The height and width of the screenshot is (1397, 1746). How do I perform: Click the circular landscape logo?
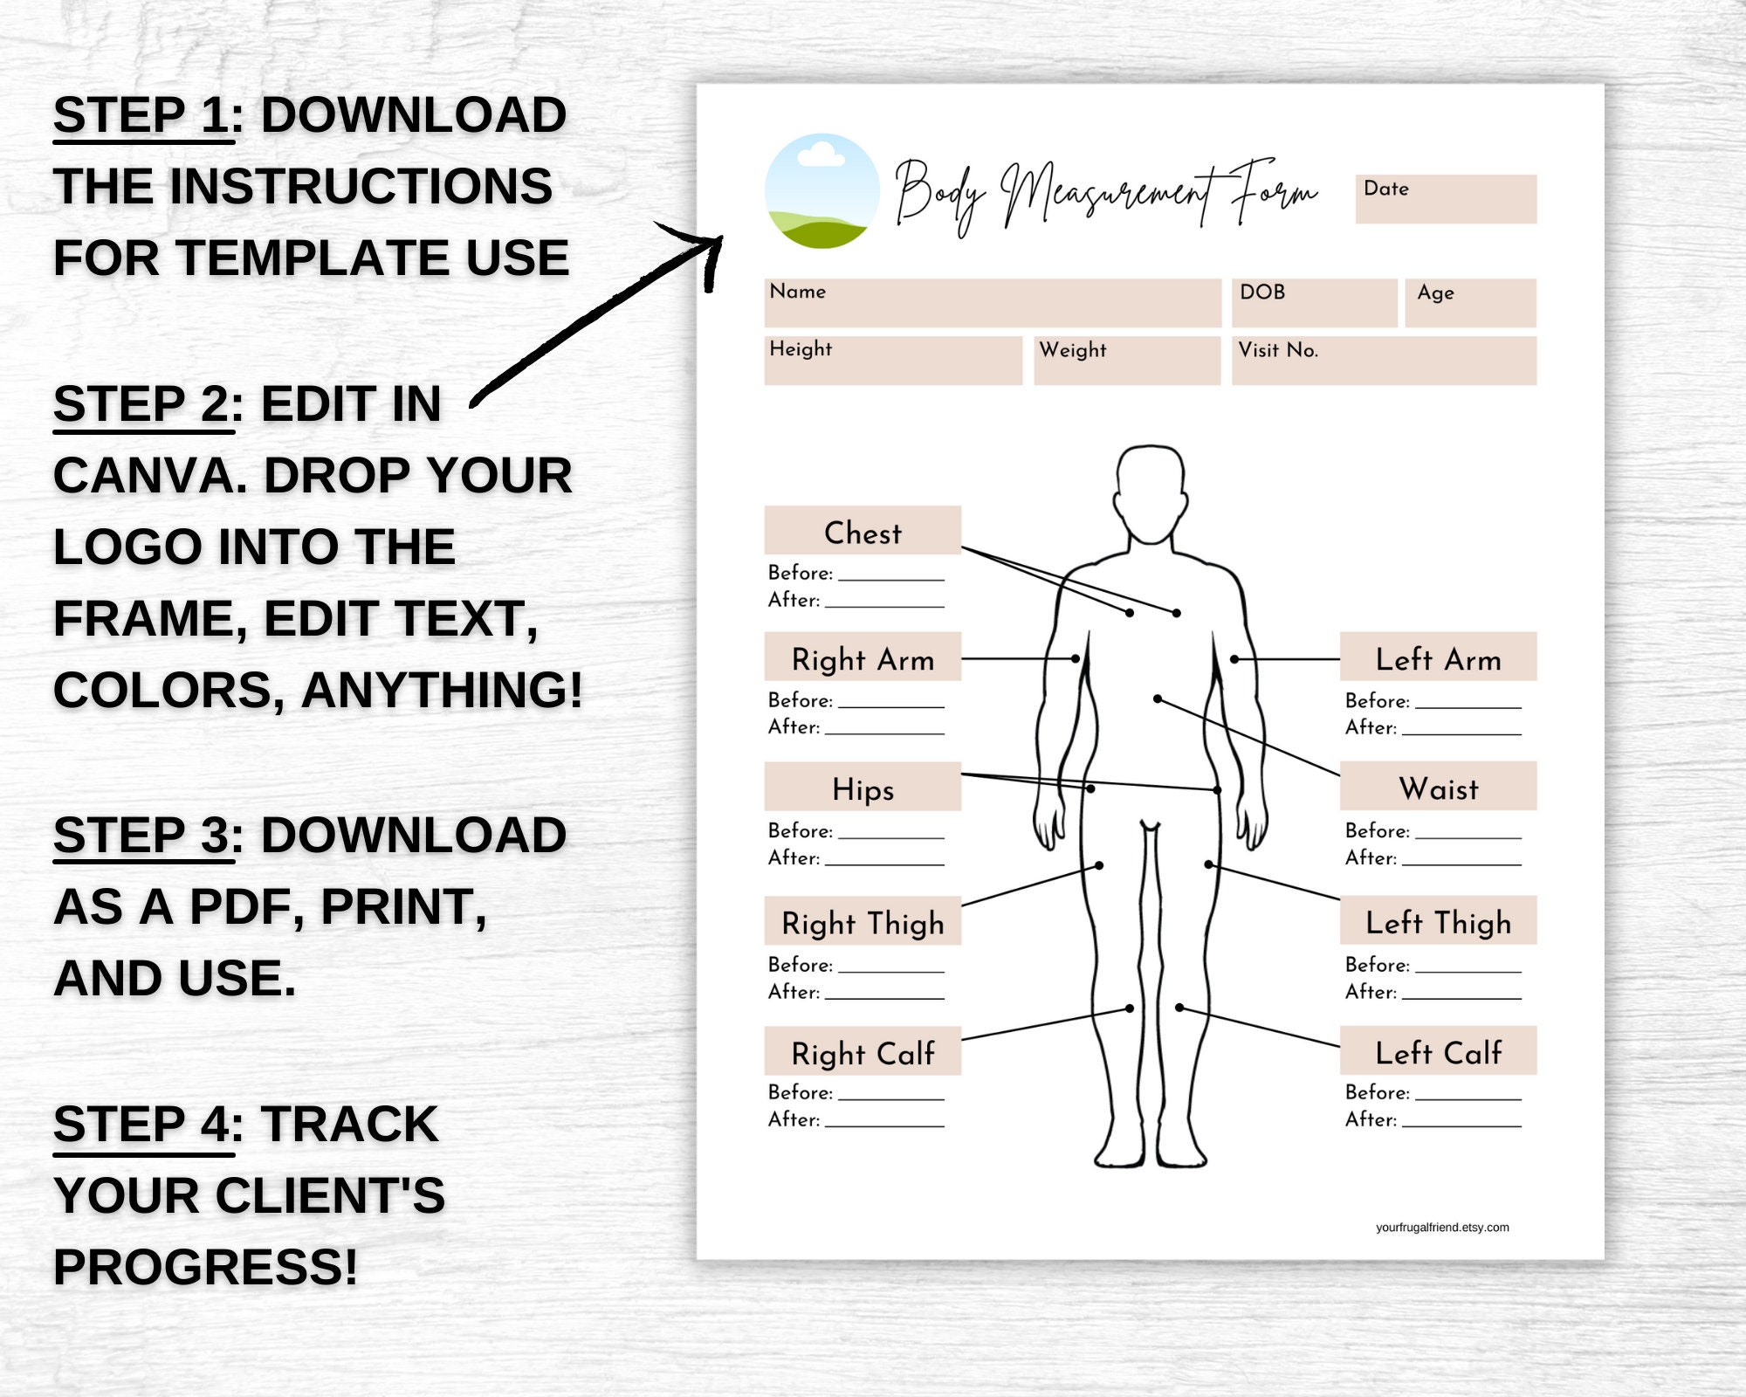821,190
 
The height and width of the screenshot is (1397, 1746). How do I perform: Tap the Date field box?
1446,199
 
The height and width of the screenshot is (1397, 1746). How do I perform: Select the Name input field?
992,303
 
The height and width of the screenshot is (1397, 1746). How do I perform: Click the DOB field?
1314,303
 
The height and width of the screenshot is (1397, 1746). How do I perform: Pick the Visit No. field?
1384,361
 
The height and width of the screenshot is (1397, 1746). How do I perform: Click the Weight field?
1126,361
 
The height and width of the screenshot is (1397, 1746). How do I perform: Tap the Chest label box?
863,531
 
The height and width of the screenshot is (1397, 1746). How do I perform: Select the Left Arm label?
1438,657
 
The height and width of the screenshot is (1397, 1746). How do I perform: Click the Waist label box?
1438,787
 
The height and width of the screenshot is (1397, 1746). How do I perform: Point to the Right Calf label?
863,1051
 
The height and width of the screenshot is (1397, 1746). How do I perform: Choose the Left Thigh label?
1438,920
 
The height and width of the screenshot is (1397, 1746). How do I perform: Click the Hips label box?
863,788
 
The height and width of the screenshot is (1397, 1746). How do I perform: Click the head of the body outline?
1151,493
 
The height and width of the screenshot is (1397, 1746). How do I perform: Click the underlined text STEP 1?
141,116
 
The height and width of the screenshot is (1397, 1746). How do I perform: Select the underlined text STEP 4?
141,1125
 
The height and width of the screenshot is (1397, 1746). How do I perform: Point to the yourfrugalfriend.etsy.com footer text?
1442,1228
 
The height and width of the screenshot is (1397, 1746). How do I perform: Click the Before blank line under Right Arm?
890,704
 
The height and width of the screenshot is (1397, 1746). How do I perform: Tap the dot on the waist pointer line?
1158,698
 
